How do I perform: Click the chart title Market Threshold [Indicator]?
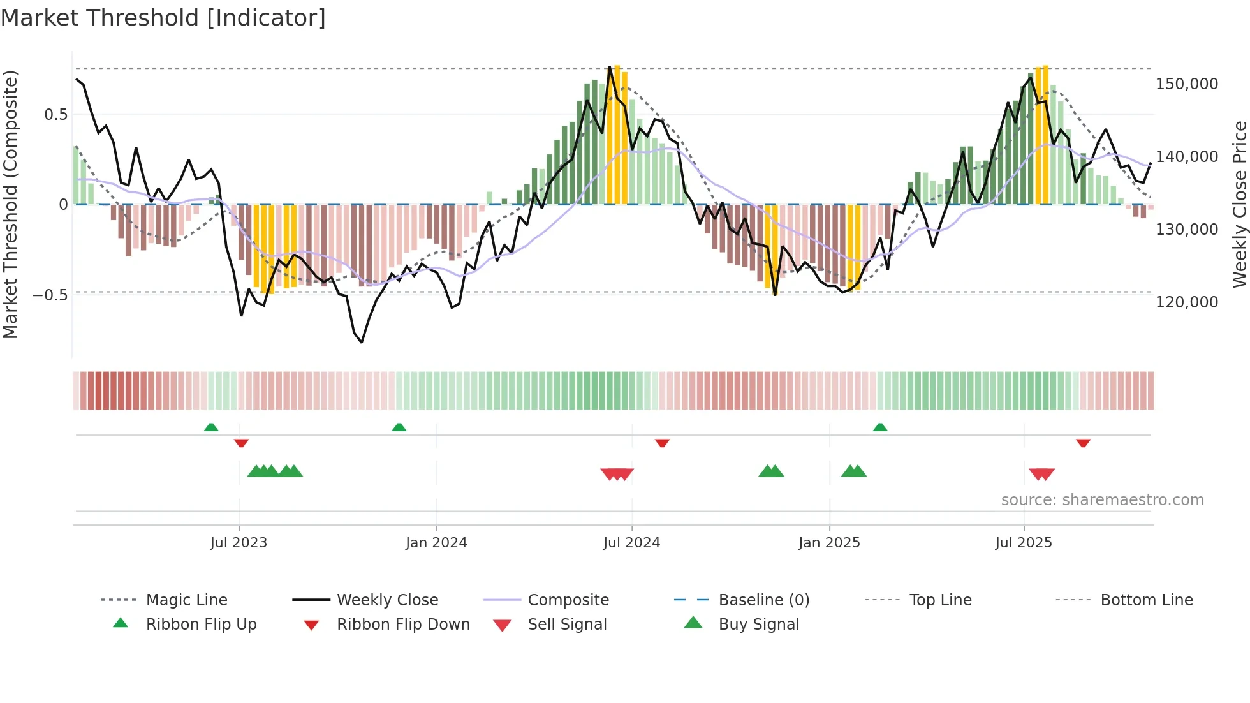pyautogui.click(x=163, y=18)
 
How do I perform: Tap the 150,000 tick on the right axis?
pyautogui.click(x=1186, y=84)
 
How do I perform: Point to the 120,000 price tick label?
pyautogui.click(x=1186, y=302)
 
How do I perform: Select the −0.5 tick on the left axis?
pyautogui.click(x=50, y=295)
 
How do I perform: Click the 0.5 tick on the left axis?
pyautogui.click(x=55, y=115)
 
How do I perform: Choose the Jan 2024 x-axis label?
pyautogui.click(x=436, y=543)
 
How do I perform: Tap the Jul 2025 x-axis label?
pyautogui.click(x=1023, y=543)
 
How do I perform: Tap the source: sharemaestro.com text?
pyautogui.click(x=1102, y=500)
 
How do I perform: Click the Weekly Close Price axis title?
pyautogui.click(x=1239, y=204)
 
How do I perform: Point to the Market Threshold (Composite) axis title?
pyautogui.click(x=11, y=204)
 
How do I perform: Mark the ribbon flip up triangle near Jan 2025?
pyautogui.click(x=880, y=427)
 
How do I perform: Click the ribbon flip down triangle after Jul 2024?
pyautogui.click(x=662, y=443)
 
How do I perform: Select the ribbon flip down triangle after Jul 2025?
pyautogui.click(x=1083, y=443)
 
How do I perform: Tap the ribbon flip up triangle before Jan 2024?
pyautogui.click(x=399, y=427)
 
